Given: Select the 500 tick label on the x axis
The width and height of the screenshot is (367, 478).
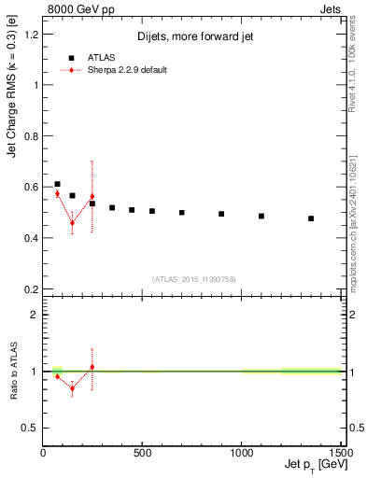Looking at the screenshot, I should tap(142, 453).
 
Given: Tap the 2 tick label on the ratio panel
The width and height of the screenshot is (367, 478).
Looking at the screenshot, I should tap(35, 315).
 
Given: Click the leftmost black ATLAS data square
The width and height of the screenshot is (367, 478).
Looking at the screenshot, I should tap(57, 185).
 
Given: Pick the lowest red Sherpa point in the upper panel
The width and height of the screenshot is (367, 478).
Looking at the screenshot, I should tap(72, 223).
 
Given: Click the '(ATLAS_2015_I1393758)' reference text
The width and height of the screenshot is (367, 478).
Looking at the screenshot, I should tap(192, 277).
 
